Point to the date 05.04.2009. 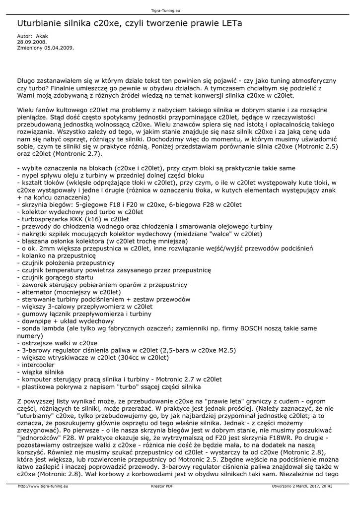pyautogui.click(x=60, y=48)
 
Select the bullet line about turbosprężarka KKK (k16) pyautogui.click(x=73, y=219)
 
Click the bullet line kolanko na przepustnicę pyautogui.click(x=56, y=255)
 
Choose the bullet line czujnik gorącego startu pyautogui.click(x=56, y=277)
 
